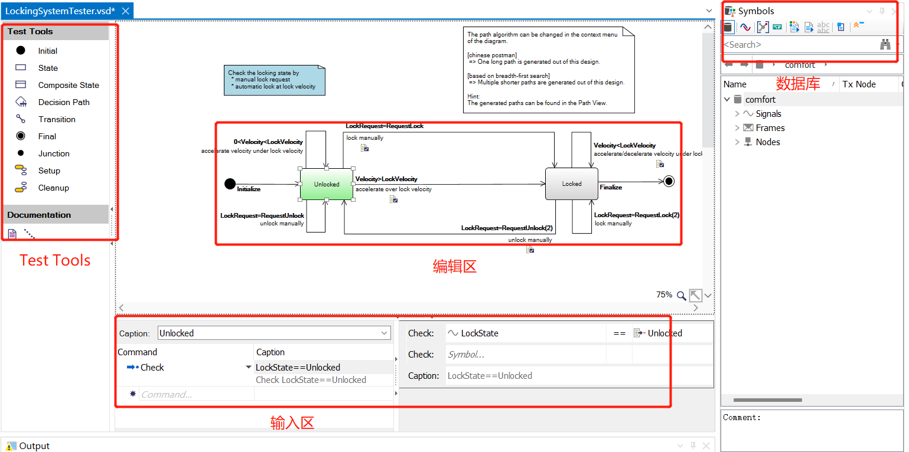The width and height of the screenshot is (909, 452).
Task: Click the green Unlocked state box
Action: click(327, 184)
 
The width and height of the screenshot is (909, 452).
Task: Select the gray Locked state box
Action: click(571, 184)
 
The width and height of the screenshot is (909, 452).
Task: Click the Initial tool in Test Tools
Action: click(47, 51)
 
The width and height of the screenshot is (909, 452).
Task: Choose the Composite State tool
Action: click(69, 85)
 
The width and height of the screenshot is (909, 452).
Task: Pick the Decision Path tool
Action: click(64, 102)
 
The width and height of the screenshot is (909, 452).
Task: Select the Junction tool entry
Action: click(54, 153)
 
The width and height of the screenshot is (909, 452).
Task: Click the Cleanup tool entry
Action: click(53, 188)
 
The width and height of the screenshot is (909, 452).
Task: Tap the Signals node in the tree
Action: click(768, 114)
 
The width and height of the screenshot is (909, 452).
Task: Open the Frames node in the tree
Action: click(770, 128)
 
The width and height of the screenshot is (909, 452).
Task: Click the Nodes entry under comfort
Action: click(768, 142)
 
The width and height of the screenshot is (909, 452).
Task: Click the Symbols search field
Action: click(797, 44)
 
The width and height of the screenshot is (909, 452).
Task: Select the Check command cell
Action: click(152, 367)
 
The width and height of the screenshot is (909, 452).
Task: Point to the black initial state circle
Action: click(230, 184)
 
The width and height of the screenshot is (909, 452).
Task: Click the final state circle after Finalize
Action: click(669, 181)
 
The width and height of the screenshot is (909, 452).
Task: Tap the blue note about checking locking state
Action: click(274, 80)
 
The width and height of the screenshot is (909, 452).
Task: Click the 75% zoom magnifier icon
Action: click(681, 295)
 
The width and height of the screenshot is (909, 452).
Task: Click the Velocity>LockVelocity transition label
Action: click(387, 179)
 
